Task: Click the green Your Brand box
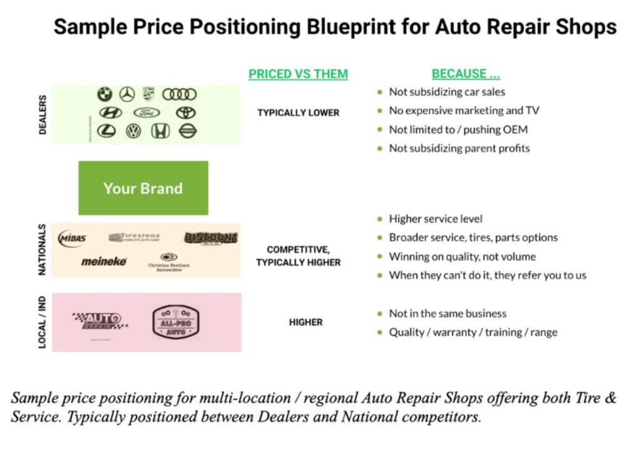tap(143, 188)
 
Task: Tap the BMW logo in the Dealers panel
tap(105, 95)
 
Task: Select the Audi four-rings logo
tap(180, 95)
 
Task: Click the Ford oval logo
tap(147, 113)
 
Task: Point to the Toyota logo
tap(186, 113)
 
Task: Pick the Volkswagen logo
tap(133, 131)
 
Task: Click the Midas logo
tap(73, 239)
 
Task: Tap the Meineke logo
tap(104, 261)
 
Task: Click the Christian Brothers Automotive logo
tap(168, 261)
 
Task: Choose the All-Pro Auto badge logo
tap(176, 323)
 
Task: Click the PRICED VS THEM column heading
tap(298, 74)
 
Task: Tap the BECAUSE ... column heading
tap(466, 74)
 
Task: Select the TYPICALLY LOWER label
tap(298, 113)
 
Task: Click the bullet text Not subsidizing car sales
tap(447, 92)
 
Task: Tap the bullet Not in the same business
tap(448, 313)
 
